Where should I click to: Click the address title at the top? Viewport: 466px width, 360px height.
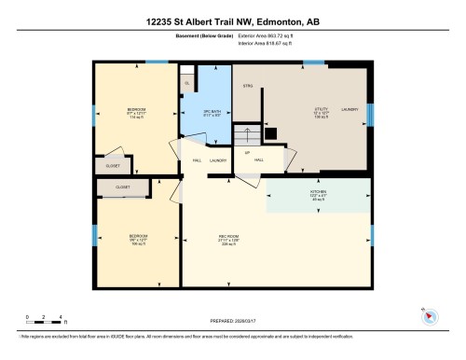pos(232,20)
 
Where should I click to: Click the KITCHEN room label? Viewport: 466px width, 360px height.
pos(319,192)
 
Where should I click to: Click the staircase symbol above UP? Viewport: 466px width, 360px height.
pos(247,135)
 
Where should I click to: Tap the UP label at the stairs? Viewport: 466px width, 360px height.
pos(247,152)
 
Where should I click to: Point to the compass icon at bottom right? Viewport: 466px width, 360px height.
pos(430,314)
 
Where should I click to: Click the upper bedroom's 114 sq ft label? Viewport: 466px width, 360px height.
pos(136,118)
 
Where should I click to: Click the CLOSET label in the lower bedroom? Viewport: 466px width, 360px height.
pos(123,187)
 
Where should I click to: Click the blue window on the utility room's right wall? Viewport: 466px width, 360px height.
pos(370,114)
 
